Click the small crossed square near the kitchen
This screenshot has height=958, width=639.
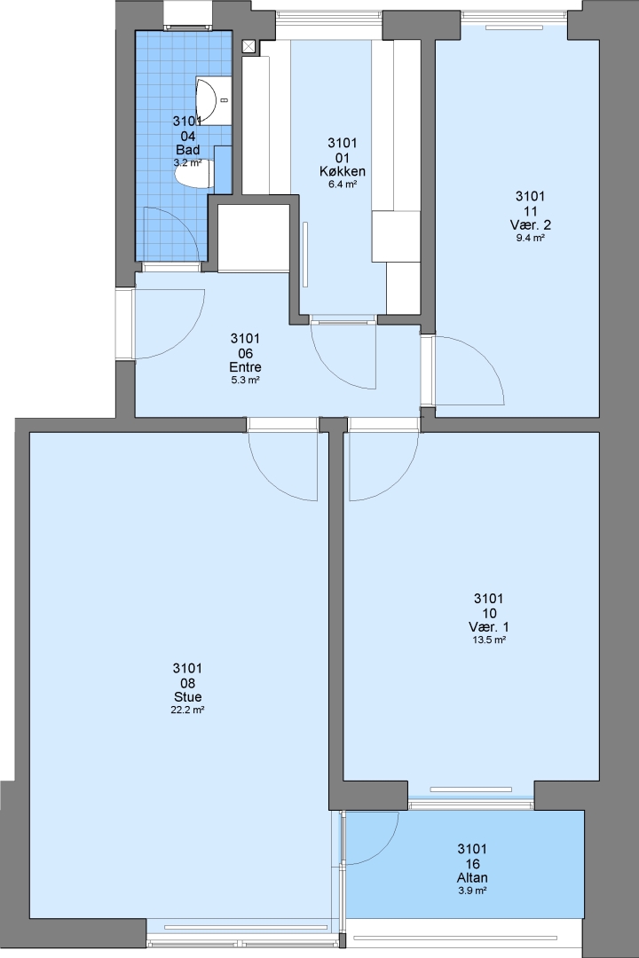tap(248, 46)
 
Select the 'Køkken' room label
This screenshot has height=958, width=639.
tap(343, 171)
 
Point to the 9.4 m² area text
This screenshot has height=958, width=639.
tap(530, 239)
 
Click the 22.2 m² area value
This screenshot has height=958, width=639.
tap(188, 710)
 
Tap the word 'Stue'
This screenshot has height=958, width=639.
tap(188, 697)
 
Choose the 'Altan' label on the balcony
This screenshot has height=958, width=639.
tap(473, 878)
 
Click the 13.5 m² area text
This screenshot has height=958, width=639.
tap(489, 640)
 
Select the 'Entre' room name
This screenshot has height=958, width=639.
tap(245, 367)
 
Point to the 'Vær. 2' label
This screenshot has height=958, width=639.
tap(530, 224)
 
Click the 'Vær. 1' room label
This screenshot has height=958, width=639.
tap(489, 627)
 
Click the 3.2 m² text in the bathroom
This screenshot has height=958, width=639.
tap(188, 163)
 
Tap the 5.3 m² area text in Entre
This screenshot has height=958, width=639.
tap(245, 380)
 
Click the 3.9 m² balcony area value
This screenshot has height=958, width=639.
tap(473, 891)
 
